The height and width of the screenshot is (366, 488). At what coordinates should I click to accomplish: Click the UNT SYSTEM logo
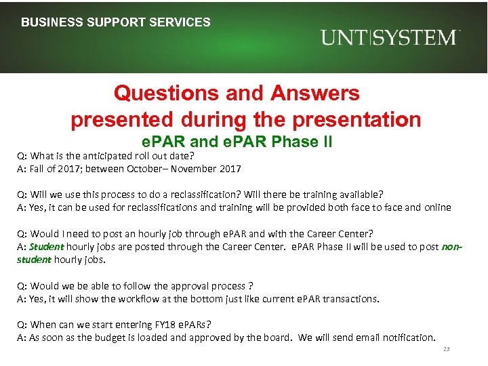click(x=390, y=37)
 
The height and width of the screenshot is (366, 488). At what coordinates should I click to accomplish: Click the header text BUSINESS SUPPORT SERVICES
click(x=116, y=22)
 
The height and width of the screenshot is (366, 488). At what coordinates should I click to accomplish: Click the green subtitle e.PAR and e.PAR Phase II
click(x=237, y=142)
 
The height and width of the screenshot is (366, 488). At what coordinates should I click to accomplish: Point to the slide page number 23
click(x=445, y=349)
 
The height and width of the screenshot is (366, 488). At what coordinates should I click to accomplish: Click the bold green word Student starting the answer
click(x=46, y=247)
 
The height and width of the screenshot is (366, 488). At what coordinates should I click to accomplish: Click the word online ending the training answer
click(x=436, y=207)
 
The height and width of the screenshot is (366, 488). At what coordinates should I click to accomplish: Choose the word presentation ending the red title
click(x=357, y=120)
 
